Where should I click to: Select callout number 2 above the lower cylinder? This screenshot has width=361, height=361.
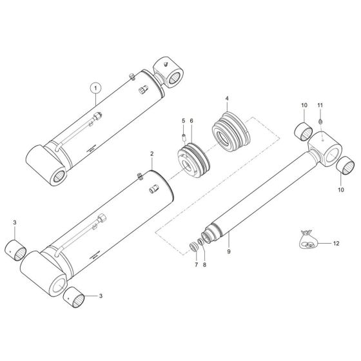(x=151, y=154)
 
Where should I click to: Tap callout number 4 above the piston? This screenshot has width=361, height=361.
(x=227, y=99)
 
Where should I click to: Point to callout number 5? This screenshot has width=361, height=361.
(x=182, y=122)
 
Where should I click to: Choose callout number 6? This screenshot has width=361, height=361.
(x=191, y=122)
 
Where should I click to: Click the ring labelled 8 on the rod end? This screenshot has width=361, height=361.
(x=202, y=246)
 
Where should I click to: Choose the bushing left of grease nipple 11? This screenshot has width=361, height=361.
(x=304, y=132)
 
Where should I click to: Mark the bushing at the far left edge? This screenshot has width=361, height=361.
(x=17, y=248)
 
